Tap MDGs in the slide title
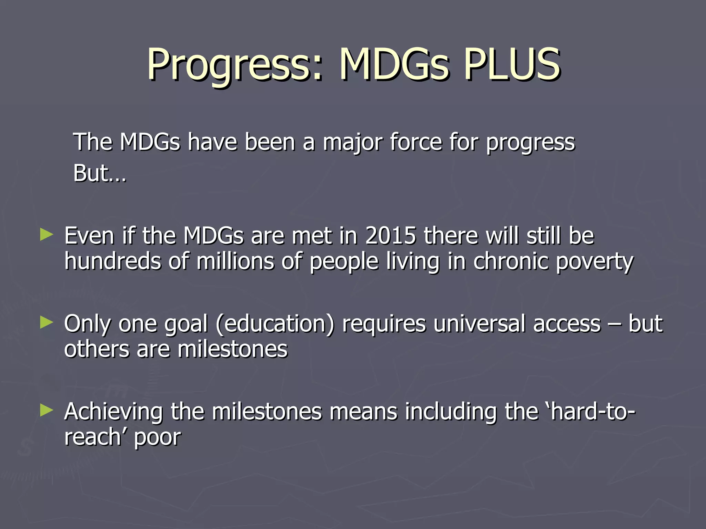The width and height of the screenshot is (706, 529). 394,64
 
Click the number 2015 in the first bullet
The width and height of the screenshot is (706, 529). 390,236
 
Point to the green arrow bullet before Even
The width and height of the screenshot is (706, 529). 47,235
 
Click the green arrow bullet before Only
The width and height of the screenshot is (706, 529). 47,323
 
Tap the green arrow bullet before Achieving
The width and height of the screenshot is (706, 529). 47,411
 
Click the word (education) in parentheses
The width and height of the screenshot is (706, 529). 275,324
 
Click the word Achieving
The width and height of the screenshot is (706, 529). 113,412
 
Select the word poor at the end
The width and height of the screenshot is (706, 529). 157,438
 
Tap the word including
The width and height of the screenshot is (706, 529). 451,412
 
